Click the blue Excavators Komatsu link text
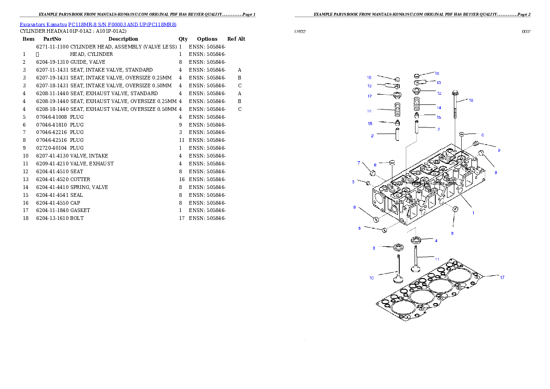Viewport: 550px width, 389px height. [x=98, y=24]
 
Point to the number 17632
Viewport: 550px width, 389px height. [x=299, y=32]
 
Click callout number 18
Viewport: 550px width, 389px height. [x=471, y=100]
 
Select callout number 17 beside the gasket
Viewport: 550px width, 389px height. [x=502, y=277]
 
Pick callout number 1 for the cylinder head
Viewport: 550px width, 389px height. [x=473, y=213]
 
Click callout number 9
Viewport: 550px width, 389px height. [x=499, y=150]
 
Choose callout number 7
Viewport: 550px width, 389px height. [x=359, y=163]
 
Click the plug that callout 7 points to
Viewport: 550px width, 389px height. [x=372, y=173]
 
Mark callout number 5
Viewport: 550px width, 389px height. [x=354, y=182]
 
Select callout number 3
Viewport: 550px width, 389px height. [x=374, y=248]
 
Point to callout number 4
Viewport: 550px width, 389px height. [x=436, y=240]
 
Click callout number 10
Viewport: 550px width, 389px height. [x=372, y=278]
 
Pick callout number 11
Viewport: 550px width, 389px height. [x=437, y=259]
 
